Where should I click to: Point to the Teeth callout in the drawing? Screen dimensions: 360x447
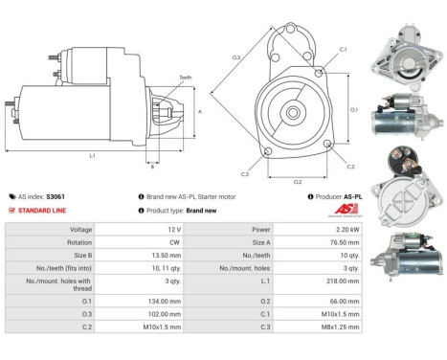click(x=185, y=78)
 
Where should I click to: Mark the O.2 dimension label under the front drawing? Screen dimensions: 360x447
click(x=298, y=180)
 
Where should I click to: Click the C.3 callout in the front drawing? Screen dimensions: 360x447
click(x=245, y=173)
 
